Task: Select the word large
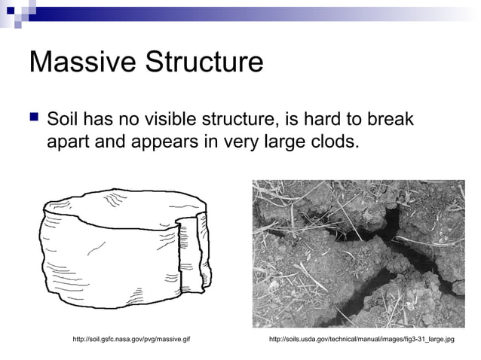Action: pyautogui.click(x=278, y=141)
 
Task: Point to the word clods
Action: pyautogui.click(x=329, y=141)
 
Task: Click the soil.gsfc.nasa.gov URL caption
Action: pyautogui.click(x=130, y=340)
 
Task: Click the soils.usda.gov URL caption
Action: pyautogui.click(x=361, y=340)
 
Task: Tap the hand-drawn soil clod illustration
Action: pyautogui.click(x=121, y=249)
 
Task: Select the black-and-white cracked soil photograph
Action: pyautogui.click(x=357, y=253)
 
